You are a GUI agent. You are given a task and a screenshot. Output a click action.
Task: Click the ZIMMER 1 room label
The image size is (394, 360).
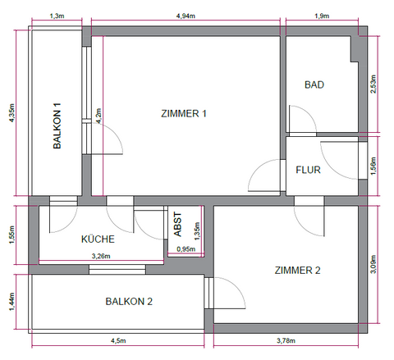coord(183,114)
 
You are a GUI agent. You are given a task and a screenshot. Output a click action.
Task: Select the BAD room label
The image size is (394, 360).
coord(314,84)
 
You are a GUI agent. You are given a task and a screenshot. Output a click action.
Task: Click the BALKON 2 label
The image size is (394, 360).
coord(130,301)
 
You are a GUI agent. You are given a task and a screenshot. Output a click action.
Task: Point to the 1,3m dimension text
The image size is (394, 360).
coord(57,16)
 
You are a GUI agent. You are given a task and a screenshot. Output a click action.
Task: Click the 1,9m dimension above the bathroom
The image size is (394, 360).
coord(322,16)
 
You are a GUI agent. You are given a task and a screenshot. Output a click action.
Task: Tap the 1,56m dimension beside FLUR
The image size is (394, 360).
coord(374,166)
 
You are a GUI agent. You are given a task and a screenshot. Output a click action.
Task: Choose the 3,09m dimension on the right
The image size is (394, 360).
coord(374,263)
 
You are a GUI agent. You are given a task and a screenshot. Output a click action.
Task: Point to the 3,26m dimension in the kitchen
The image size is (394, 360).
coord(99,257)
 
